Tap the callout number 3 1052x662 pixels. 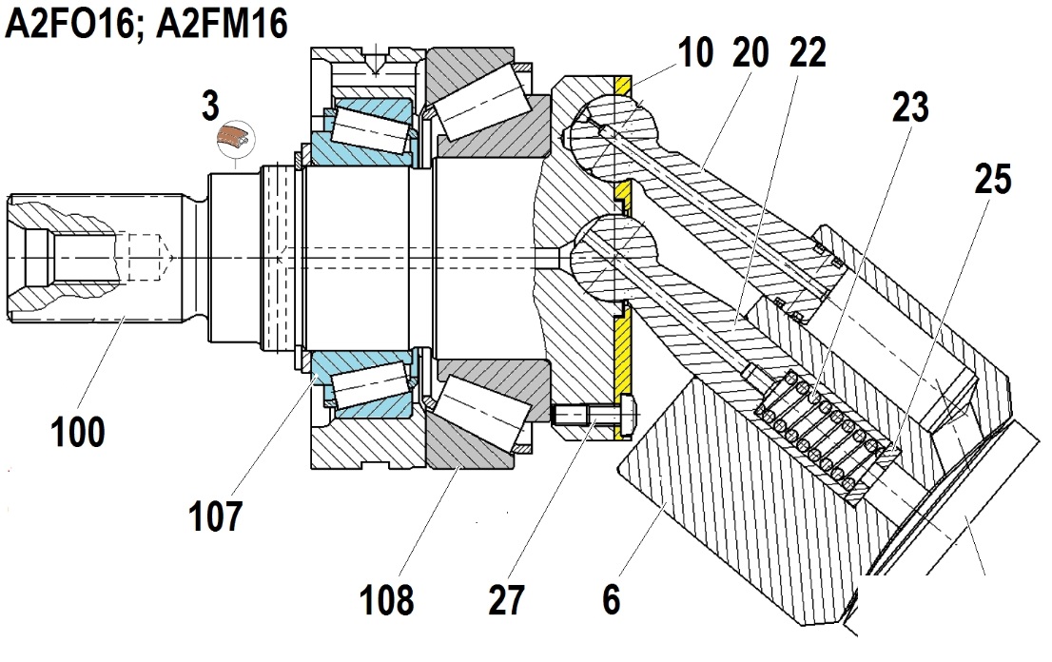tap(210, 106)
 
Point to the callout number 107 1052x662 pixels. tap(215, 516)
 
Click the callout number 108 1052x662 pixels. tap(387, 599)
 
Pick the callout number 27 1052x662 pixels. tap(506, 599)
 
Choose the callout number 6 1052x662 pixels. tap(612, 599)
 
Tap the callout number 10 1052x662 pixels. tap(695, 52)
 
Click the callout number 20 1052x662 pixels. tap(750, 52)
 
